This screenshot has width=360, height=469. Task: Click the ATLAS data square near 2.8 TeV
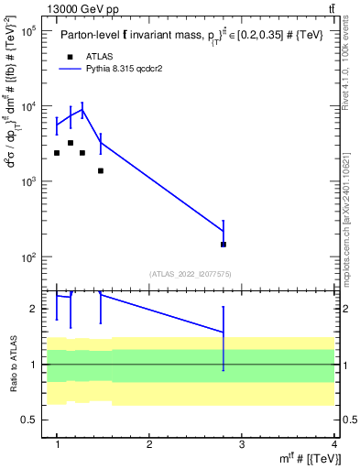point(224,245)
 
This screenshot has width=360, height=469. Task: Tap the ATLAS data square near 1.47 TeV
point(101,170)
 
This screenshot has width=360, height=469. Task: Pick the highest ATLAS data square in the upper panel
point(71,143)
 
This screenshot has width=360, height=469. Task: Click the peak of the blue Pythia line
point(82,110)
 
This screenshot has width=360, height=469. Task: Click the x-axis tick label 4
point(333,444)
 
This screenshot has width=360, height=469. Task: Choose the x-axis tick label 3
point(241,444)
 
